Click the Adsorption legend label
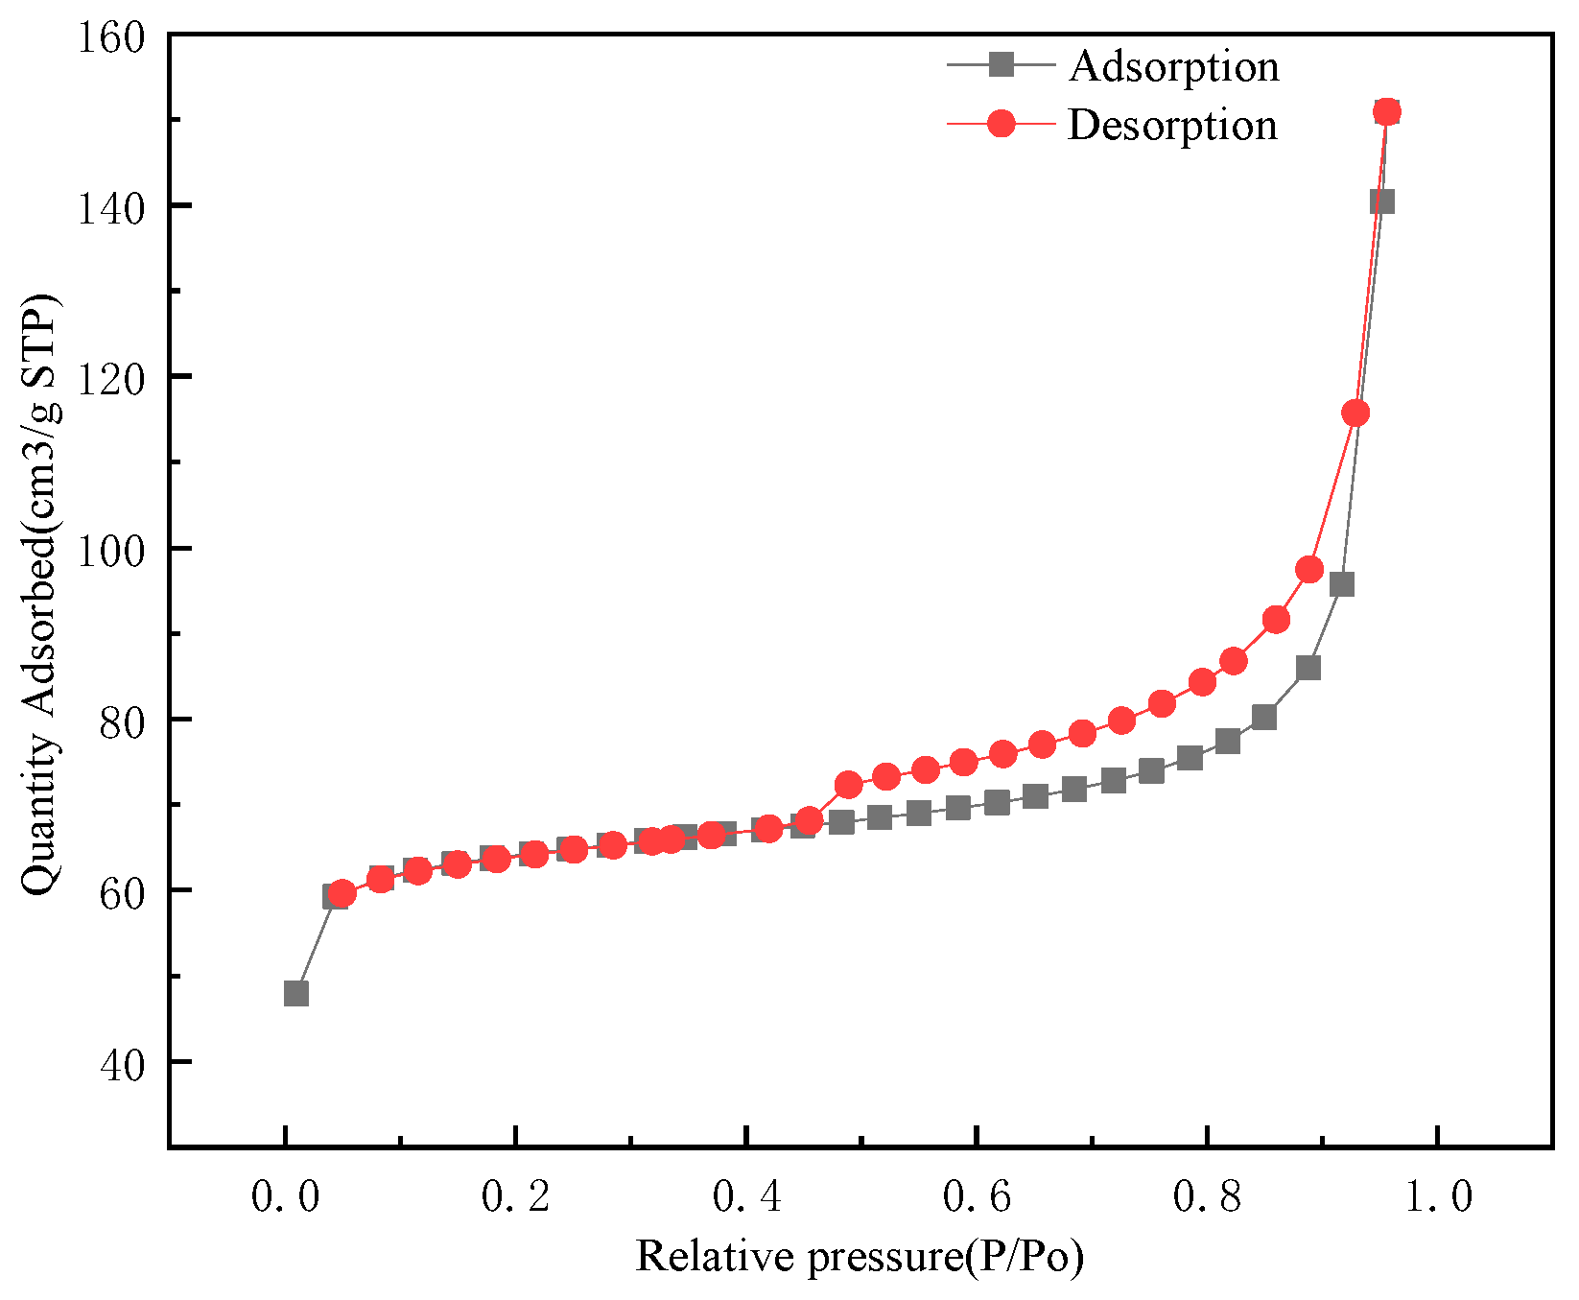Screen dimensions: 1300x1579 1174,66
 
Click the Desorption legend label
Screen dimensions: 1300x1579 1172,126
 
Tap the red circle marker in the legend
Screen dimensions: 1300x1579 1002,124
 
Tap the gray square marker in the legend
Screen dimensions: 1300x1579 1002,65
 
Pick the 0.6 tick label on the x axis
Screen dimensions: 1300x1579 977,1196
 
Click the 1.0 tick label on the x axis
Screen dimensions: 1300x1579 1437,1196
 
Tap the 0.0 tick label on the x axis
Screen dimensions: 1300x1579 285,1196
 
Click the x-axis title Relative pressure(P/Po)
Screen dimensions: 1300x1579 860,1257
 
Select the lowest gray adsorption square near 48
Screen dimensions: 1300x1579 296,993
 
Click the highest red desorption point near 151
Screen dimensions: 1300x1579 1387,112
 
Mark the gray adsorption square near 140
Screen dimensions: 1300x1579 1381,201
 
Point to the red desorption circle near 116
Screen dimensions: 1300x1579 1355,414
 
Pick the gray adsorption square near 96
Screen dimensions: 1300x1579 1342,584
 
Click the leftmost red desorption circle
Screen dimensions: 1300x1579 342,894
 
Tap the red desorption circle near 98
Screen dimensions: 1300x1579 1309,570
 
